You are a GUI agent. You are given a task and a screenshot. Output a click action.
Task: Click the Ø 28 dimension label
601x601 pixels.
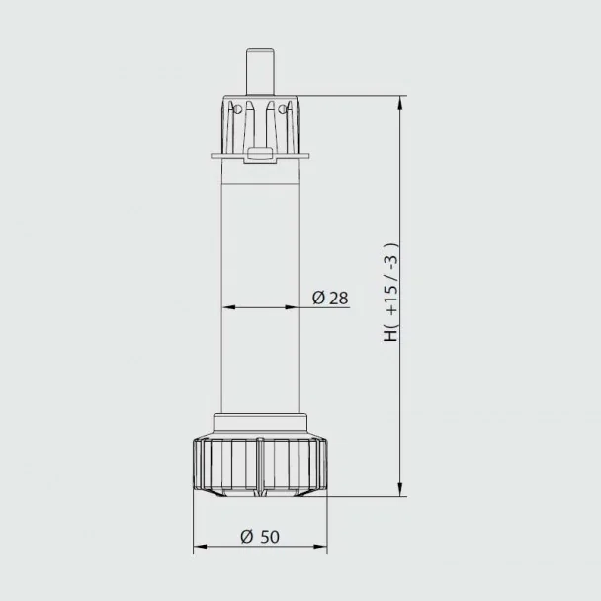click(x=330, y=298)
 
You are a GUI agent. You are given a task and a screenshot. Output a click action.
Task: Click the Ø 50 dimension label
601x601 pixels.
click(x=260, y=536)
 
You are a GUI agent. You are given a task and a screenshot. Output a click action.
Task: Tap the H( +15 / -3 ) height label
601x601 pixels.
click(x=391, y=292)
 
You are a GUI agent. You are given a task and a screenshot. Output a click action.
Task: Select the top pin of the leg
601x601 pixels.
click(x=260, y=71)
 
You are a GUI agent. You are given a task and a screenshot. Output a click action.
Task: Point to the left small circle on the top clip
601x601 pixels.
click(x=237, y=109)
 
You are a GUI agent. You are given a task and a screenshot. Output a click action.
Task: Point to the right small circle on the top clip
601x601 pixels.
click(x=283, y=109)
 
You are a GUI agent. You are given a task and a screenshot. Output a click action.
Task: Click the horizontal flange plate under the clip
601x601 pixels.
click(x=260, y=156)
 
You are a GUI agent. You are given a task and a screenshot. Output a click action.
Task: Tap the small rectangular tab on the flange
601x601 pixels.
click(x=260, y=153)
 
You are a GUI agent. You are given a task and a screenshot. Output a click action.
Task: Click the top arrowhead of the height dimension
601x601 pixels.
click(x=400, y=103)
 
